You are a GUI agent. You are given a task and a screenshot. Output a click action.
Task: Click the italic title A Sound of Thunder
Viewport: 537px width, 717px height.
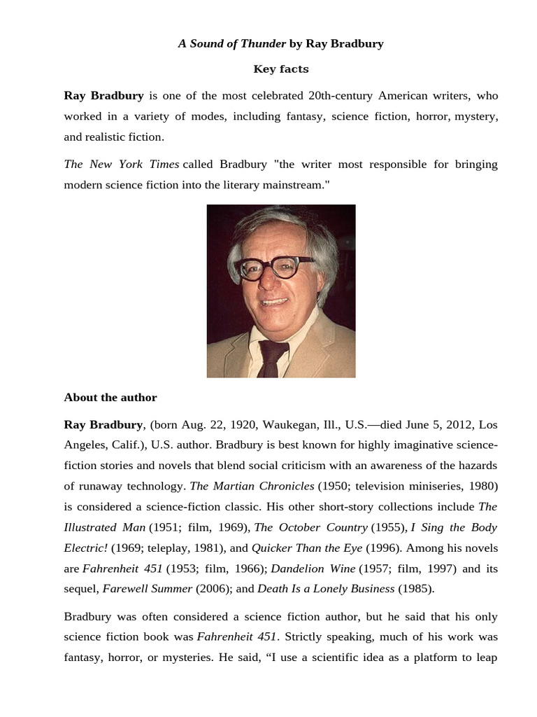coord(232,43)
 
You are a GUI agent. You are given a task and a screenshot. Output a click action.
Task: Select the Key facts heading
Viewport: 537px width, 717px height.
coord(280,69)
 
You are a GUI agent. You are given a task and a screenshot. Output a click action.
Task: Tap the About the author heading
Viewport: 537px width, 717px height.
coord(110,397)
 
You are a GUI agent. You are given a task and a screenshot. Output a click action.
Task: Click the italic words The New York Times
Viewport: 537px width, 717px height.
coord(121,164)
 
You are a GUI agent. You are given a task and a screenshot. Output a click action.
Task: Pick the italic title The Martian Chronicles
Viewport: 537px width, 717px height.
coord(252,486)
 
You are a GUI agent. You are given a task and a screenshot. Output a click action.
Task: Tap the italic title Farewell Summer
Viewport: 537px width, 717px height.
coord(147,588)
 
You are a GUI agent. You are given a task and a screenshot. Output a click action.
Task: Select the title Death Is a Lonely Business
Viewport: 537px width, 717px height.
coord(326,588)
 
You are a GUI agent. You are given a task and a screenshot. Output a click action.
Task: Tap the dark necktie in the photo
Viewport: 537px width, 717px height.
coord(271,358)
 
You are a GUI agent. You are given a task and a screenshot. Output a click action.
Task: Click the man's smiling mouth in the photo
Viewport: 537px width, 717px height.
coord(273,302)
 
